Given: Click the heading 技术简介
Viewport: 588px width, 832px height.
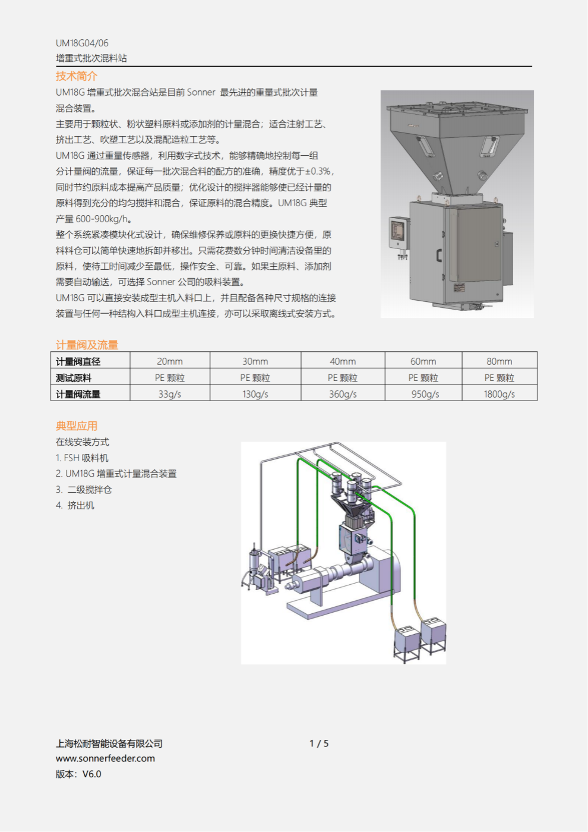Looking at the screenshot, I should [x=77, y=76].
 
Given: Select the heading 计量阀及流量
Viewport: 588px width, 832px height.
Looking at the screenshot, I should [x=87, y=345].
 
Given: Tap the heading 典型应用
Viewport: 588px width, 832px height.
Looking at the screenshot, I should [x=77, y=426].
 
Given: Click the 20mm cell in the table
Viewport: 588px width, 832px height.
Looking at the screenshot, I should [x=170, y=361].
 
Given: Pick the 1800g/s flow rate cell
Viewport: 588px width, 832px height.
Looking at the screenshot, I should [x=499, y=394].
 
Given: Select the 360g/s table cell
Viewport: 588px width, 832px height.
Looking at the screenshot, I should [x=343, y=394].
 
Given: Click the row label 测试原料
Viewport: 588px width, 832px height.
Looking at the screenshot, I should [x=74, y=378].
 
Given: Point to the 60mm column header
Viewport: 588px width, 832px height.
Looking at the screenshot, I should [x=423, y=361].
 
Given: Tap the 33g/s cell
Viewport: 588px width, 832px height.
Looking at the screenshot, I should [x=170, y=394].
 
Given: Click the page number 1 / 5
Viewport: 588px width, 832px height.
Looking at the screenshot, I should [x=319, y=743].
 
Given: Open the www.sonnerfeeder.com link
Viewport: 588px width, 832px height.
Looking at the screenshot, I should [x=105, y=758].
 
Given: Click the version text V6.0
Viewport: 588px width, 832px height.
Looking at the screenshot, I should [x=91, y=774].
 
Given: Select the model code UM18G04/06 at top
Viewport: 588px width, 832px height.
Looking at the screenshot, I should [x=82, y=43].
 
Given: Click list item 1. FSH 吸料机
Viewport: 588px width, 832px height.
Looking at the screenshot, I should [x=82, y=458].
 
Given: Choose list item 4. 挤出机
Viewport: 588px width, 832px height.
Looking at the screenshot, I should [x=75, y=505].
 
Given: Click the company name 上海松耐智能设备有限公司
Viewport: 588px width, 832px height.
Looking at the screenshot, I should [x=109, y=743].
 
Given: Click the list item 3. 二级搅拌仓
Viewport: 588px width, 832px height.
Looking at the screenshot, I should [x=84, y=490].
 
